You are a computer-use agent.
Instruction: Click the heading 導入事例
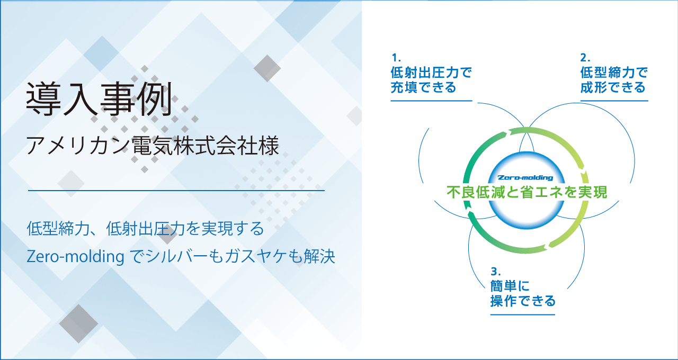pyautogui.click(x=99, y=99)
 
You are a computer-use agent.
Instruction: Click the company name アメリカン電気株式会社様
pyautogui.click(x=153, y=146)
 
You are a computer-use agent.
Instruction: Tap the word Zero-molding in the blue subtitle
pyautogui.click(x=75, y=257)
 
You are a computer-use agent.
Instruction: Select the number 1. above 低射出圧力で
pyautogui.click(x=396, y=57)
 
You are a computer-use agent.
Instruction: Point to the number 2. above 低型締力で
pyautogui.click(x=585, y=57)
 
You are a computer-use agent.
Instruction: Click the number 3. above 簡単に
pyautogui.click(x=495, y=272)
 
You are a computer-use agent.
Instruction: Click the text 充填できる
pyautogui.click(x=423, y=87)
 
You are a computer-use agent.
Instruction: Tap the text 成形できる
pyautogui.click(x=613, y=87)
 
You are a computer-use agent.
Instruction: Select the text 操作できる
pyautogui.click(x=523, y=301)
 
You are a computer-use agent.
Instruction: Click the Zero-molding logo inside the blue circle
pyautogui.click(x=525, y=177)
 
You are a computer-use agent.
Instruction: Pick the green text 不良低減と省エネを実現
pyautogui.click(x=527, y=192)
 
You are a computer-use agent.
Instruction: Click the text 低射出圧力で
pyautogui.click(x=431, y=73)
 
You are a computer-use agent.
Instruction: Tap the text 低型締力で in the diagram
pyautogui.click(x=614, y=73)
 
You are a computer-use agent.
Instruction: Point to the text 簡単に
pyautogui.click(x=510, y=286)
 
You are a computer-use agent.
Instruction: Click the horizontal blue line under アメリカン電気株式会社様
pyautogui.click(x=176, y=191)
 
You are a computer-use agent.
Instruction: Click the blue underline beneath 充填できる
pyautogui.click(x=431, y=101)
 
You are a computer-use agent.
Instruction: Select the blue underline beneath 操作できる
pyautogui.click(x=523, y=314)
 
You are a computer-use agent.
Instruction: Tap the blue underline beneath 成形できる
pyautogui.click(x=614, y=101)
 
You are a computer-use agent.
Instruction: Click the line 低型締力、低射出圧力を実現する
pyautogui.click(x=145, y=228)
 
